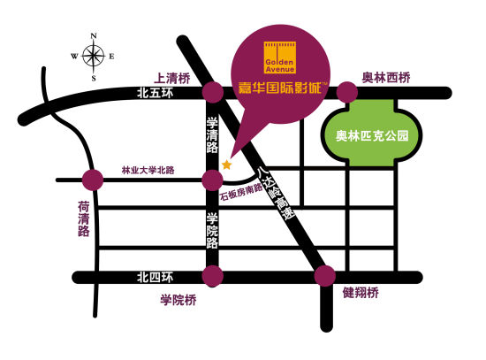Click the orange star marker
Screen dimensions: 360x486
point(227,165)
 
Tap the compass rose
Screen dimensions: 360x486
point(92,56)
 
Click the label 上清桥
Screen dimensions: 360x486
point(173,76)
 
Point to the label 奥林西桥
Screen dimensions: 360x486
point(387,77)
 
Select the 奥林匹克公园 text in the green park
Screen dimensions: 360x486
point(366,137)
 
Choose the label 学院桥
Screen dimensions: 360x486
point(178,301)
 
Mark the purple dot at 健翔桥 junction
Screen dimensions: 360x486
point(325,275)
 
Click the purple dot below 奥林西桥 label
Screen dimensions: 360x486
point(347,92)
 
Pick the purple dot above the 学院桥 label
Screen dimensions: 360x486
point(212,277)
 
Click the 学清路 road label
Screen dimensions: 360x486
point(212,133)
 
